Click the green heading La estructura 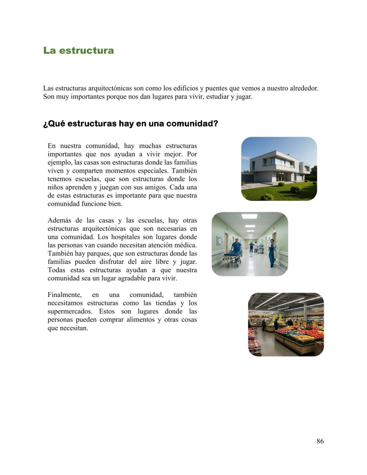pyautogui.click(x=78, y=50)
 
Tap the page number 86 pyautogui.click(x=320, y=441)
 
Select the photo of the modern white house pyautogui.click(x=279, y=169)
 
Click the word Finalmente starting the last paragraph pyautogui.click(x=64, y=295)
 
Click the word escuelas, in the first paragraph pyautogui.click(x=88, y=179)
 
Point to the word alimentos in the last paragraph pyautogui.click(x=138, y=320)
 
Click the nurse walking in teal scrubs pyautogui.click(x=272, y=252)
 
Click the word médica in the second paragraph pyautogui.click(x=186, y=245)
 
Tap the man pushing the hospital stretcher pyautogui.click(x=236, y=246)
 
